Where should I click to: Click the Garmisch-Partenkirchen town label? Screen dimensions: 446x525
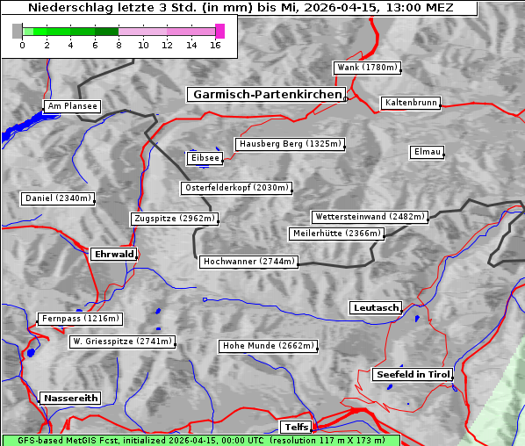click(x=265, y=94)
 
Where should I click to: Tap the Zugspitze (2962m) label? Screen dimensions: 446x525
click(x=174, y=219)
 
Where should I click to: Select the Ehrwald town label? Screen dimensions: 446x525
click(x=113, y=254)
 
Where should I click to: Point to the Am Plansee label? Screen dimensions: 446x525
click(x=72, y=106)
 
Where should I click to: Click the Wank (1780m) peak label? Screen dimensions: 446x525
click(x=367, y=68)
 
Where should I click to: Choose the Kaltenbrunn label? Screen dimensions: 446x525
click(x=410, y=103)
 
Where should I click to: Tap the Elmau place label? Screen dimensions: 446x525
click(x=427, y=152)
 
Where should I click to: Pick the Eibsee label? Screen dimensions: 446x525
click(x=204, y=158)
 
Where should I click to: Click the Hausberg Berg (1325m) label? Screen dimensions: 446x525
click(x=289, y=144)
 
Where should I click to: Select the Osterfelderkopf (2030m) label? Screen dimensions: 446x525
click(x=236, y=188)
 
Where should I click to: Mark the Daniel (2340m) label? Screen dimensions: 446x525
click(x=57, y=198)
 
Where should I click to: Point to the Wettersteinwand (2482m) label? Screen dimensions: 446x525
click(x=369, y=217)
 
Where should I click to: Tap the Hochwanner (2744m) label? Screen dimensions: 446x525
click(x=248, y=262)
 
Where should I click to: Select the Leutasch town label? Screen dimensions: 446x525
click(x=376, y=307)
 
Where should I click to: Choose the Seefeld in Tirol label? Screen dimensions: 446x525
click(x=412, y=374)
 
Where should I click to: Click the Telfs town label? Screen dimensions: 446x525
click(x=295, y=427)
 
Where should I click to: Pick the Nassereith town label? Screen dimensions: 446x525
click(x=70, y=398)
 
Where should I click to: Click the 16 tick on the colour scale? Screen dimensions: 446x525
click(x=215, y=45)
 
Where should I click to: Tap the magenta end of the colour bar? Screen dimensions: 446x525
click(x=219, y=31)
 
